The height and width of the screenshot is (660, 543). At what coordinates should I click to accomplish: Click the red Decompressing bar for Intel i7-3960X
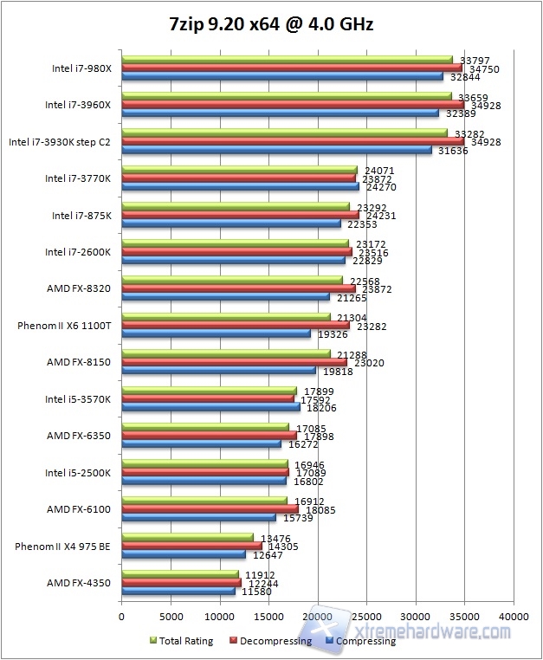(293, 105)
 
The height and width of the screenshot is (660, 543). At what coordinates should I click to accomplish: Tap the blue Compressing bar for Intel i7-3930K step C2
(276, 150)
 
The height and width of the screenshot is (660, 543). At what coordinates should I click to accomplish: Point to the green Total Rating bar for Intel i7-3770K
(239, 170)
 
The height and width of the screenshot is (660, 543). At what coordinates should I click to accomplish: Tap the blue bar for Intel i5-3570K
(210, 406)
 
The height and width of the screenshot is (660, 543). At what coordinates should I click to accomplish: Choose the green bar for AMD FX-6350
(205, 427)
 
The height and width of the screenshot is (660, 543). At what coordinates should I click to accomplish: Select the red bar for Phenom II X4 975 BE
(191, 546)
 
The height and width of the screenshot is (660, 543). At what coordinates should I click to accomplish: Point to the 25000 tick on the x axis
(366, 616)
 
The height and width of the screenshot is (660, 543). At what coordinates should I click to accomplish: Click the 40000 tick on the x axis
(514, 616)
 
